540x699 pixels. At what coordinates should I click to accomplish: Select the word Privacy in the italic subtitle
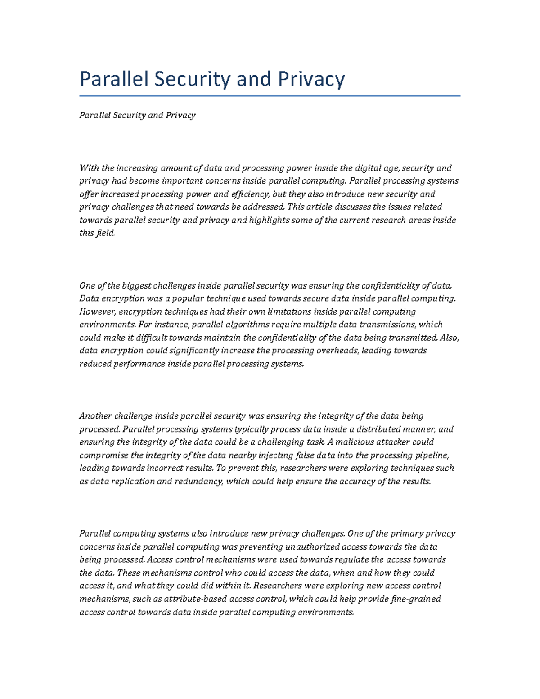180,115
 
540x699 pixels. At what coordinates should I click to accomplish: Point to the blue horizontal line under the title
270,95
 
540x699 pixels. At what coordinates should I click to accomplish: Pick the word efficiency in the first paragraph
248,194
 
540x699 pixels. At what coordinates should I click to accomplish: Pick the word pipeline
433,455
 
